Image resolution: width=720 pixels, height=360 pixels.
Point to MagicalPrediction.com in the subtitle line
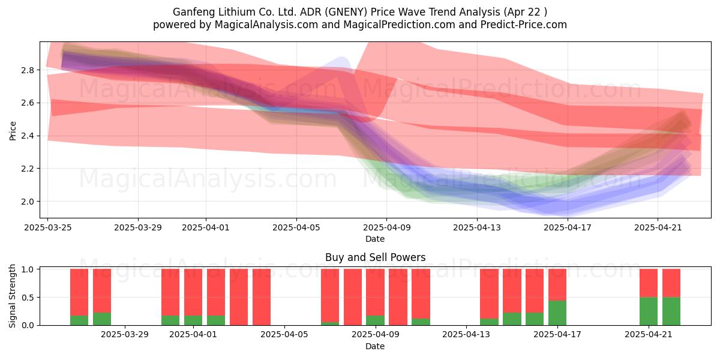(x=399, y=25)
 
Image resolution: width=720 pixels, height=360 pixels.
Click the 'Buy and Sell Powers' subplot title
(x=375, y=257)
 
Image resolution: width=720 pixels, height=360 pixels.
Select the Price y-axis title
(x=13, y=131)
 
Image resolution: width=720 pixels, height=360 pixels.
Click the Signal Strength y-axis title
(x=12, y=296)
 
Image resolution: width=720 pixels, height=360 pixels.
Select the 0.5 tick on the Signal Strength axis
(x=28, y=298)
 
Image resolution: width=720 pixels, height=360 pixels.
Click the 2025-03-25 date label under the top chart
(x=48, y=227)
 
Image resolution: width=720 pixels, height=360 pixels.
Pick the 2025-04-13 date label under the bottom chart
(x=466, y=335)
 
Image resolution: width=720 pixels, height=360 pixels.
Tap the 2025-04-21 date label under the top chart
(x=658, y=227)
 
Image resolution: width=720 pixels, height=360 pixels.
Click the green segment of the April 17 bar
(x=557, y=313)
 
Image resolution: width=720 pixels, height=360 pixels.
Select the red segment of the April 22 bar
(x=671, y=283)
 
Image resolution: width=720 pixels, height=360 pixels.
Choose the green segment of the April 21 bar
(x=649, y=311)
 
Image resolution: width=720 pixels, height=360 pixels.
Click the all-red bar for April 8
(x=353, y=298)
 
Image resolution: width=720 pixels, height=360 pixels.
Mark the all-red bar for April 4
(x=262, y=298)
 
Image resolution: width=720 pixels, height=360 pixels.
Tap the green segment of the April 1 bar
(x=193, y=320)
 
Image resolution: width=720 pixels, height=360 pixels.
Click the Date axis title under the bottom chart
(x=375, y=346)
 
